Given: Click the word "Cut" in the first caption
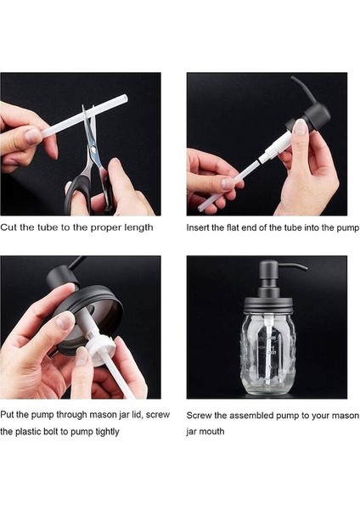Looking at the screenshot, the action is (x=8, y=227).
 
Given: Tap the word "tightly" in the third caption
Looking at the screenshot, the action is (x=107, y=432).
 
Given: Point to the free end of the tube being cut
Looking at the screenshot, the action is (x=125, y=98).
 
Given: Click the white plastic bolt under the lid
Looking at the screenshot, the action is (x=100, y=347).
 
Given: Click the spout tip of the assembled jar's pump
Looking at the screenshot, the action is (x=305, y=269).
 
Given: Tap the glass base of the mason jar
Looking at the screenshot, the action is (x=267, y=388).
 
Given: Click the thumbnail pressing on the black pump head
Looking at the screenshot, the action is (x=300, y=127).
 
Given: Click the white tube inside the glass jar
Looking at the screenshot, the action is (x=267, y=354).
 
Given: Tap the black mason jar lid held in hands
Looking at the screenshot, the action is (x=91, y=311).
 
